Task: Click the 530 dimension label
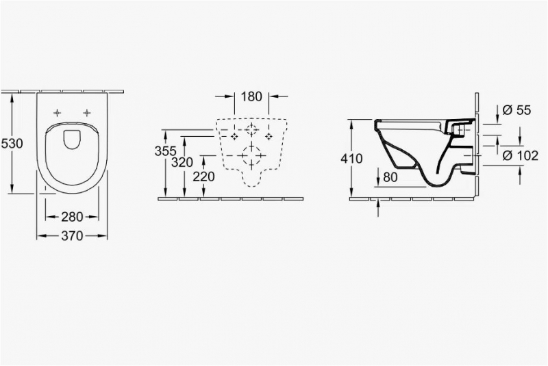click(x=12, y=144)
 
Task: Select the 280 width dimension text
click(x=72, y=217)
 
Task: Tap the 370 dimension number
click(x=72, y=236)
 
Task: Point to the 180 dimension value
click(x=251, y=96)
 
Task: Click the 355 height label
click(x=165, y=151)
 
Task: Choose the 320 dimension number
click(x=182, y=163)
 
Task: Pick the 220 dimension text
click(x=203, y=177)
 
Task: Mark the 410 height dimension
click(x=351, y=159)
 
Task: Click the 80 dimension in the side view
click(x=390, y=177)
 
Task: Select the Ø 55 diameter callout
click(x=517, y=110)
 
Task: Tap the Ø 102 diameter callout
click(x=519, y=155)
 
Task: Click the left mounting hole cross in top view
click(x=58, y=113)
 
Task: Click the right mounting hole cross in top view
click(x=87, y=113)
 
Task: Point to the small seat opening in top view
click(x=72, y=140)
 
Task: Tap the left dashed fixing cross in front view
click(x=234, y=136)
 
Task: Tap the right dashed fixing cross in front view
click(x=269, y=136)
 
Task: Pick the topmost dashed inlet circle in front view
click(x=251, y=130)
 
